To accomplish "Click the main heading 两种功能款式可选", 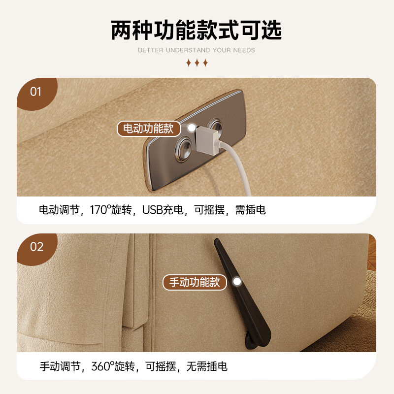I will coord(197,31).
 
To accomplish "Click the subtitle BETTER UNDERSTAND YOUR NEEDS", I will coord(197,50).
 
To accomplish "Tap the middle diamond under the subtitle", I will coord(197,63).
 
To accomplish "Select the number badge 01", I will coord(36,92).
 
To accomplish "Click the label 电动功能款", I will coord(148,129).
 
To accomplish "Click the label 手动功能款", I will coord(195,282).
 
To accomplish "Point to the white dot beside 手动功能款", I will coord(237,282).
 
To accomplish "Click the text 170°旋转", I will coord(111,210).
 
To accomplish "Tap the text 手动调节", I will coord(60,366).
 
